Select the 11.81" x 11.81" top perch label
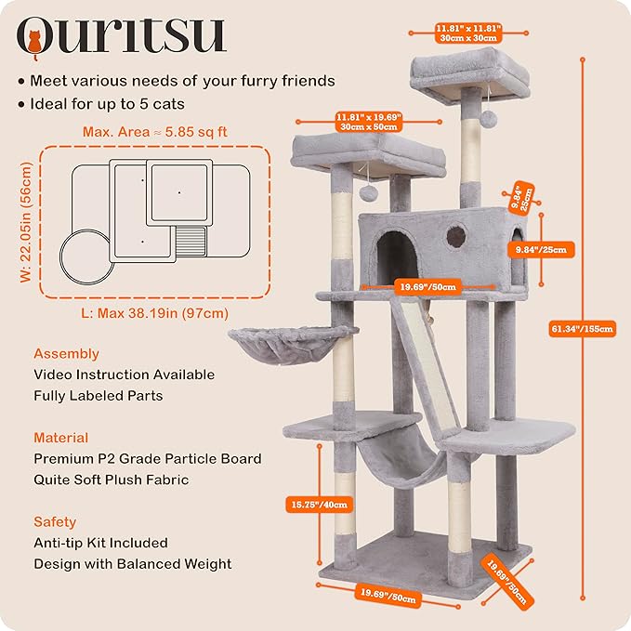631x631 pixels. (468, 33)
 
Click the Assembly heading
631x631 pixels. (66, 354)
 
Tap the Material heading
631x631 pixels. (61, 438)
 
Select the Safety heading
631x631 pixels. (55, 521)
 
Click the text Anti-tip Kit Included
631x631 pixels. (100, 543)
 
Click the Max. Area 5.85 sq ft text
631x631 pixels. (154, 132)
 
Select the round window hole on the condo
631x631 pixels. (456, 235)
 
